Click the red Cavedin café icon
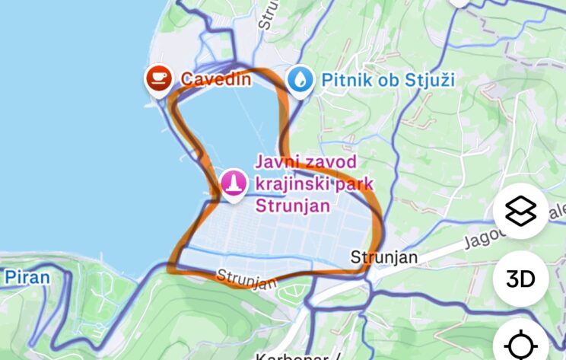click(158, 78)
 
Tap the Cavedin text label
click(215, 78)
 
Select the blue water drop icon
click(299, 79)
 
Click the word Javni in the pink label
click(275, 161)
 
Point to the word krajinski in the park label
click(286, 183)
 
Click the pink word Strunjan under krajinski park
click(283, 205)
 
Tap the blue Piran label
click(27, 276)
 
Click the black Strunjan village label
click(383, 257)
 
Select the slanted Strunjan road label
click(246, 279)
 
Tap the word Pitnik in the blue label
click(344, 78)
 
